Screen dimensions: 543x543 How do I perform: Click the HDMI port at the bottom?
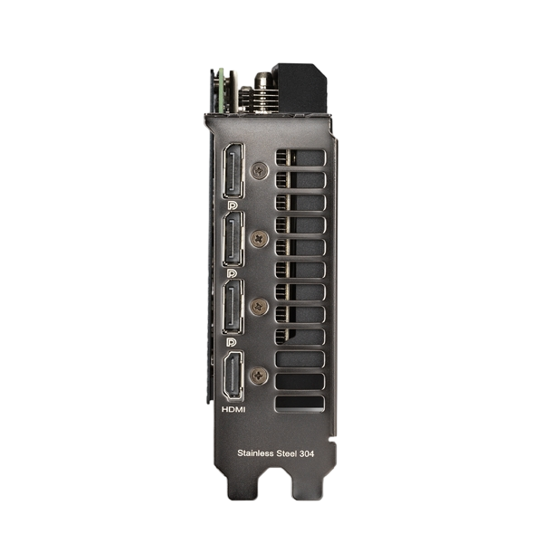[x=233, y=376]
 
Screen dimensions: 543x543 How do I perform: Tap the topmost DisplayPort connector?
[x=233, y=171]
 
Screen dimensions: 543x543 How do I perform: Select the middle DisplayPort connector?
[x=233, y=240]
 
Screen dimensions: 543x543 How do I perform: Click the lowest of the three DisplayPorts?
[x=233, y=307]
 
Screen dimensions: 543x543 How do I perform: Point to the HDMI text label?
[x=233, y=410]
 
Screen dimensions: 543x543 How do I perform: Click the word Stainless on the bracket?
[x=255, y=453]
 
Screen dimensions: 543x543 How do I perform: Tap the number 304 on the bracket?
[x=307, y=453]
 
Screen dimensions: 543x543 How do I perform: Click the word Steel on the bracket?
[x=286, y=453]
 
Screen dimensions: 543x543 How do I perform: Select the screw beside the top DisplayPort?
[x=259, y=170]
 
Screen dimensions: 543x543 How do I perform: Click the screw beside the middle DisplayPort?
[x=259, y=238]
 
